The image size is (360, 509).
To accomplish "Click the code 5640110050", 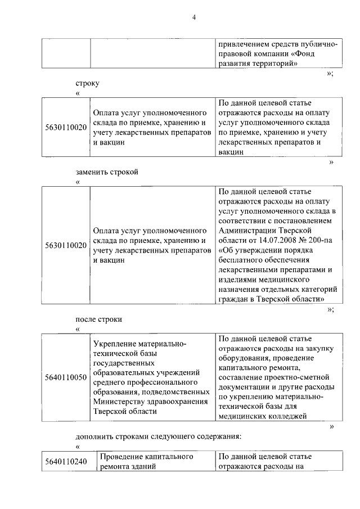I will pos(66,376).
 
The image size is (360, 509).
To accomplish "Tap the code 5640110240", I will pos(66,462).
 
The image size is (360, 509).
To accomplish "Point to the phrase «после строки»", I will pos(99,319).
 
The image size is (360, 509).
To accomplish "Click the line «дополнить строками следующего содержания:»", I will pos(158,436).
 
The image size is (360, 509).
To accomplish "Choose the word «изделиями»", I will pos(235,280).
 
